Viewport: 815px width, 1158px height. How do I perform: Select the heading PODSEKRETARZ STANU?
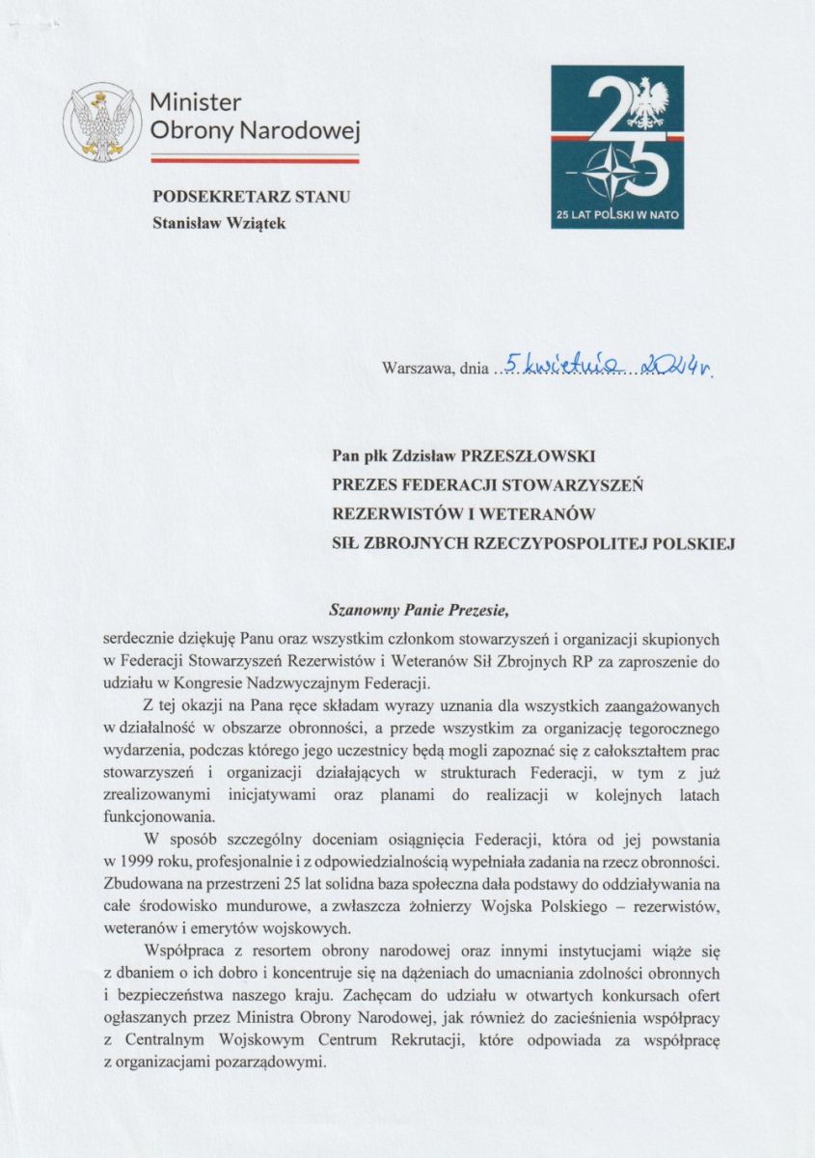pos(252,197)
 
